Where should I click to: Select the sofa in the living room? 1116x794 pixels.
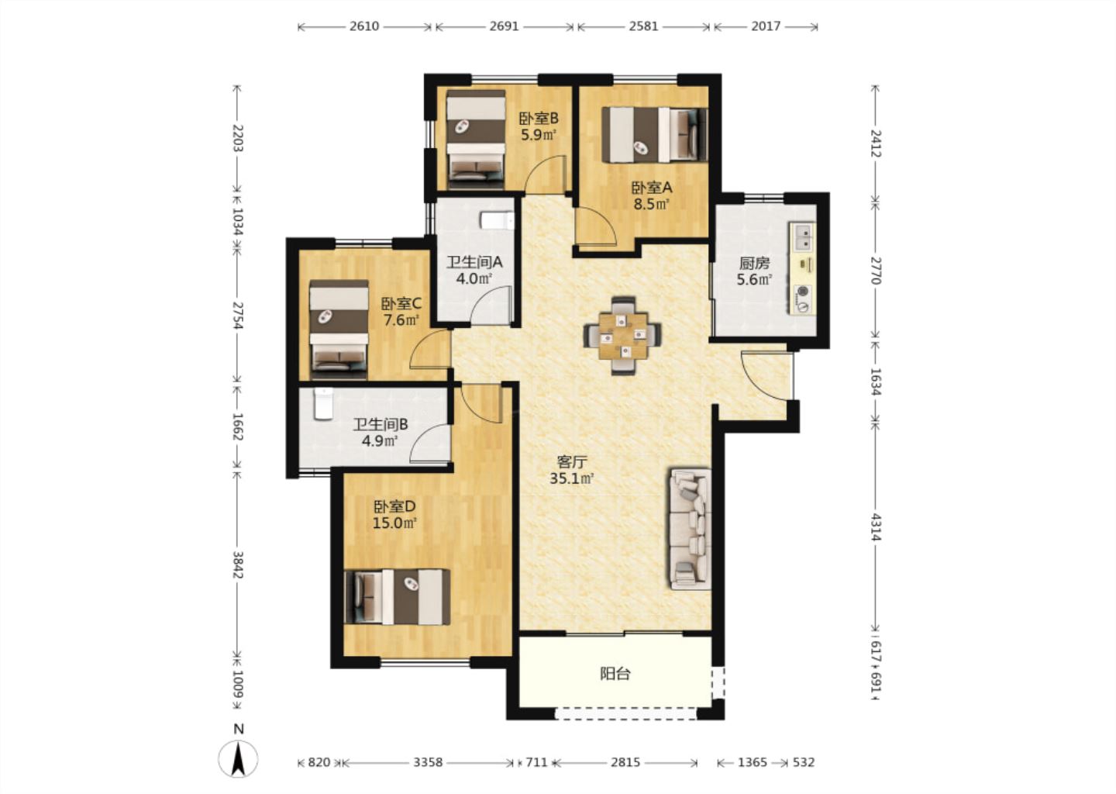690,528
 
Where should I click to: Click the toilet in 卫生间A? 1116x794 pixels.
498,219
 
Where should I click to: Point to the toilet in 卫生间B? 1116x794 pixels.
323,404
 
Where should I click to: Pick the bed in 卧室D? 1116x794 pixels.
397,597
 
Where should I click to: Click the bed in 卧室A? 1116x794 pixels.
654,135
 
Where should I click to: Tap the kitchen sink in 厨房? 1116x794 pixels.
803,236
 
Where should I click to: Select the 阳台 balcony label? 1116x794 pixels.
615,674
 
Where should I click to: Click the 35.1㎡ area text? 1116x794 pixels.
571,478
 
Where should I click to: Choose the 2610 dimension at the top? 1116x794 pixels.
364,26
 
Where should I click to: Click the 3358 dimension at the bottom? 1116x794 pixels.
428,762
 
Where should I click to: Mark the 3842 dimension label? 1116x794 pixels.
238,564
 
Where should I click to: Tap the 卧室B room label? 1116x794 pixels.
539,119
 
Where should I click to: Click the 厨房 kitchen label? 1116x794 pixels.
754,263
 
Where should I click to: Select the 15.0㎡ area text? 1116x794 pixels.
395,523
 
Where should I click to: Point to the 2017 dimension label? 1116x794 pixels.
766,26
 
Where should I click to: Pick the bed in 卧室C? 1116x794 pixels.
339,330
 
